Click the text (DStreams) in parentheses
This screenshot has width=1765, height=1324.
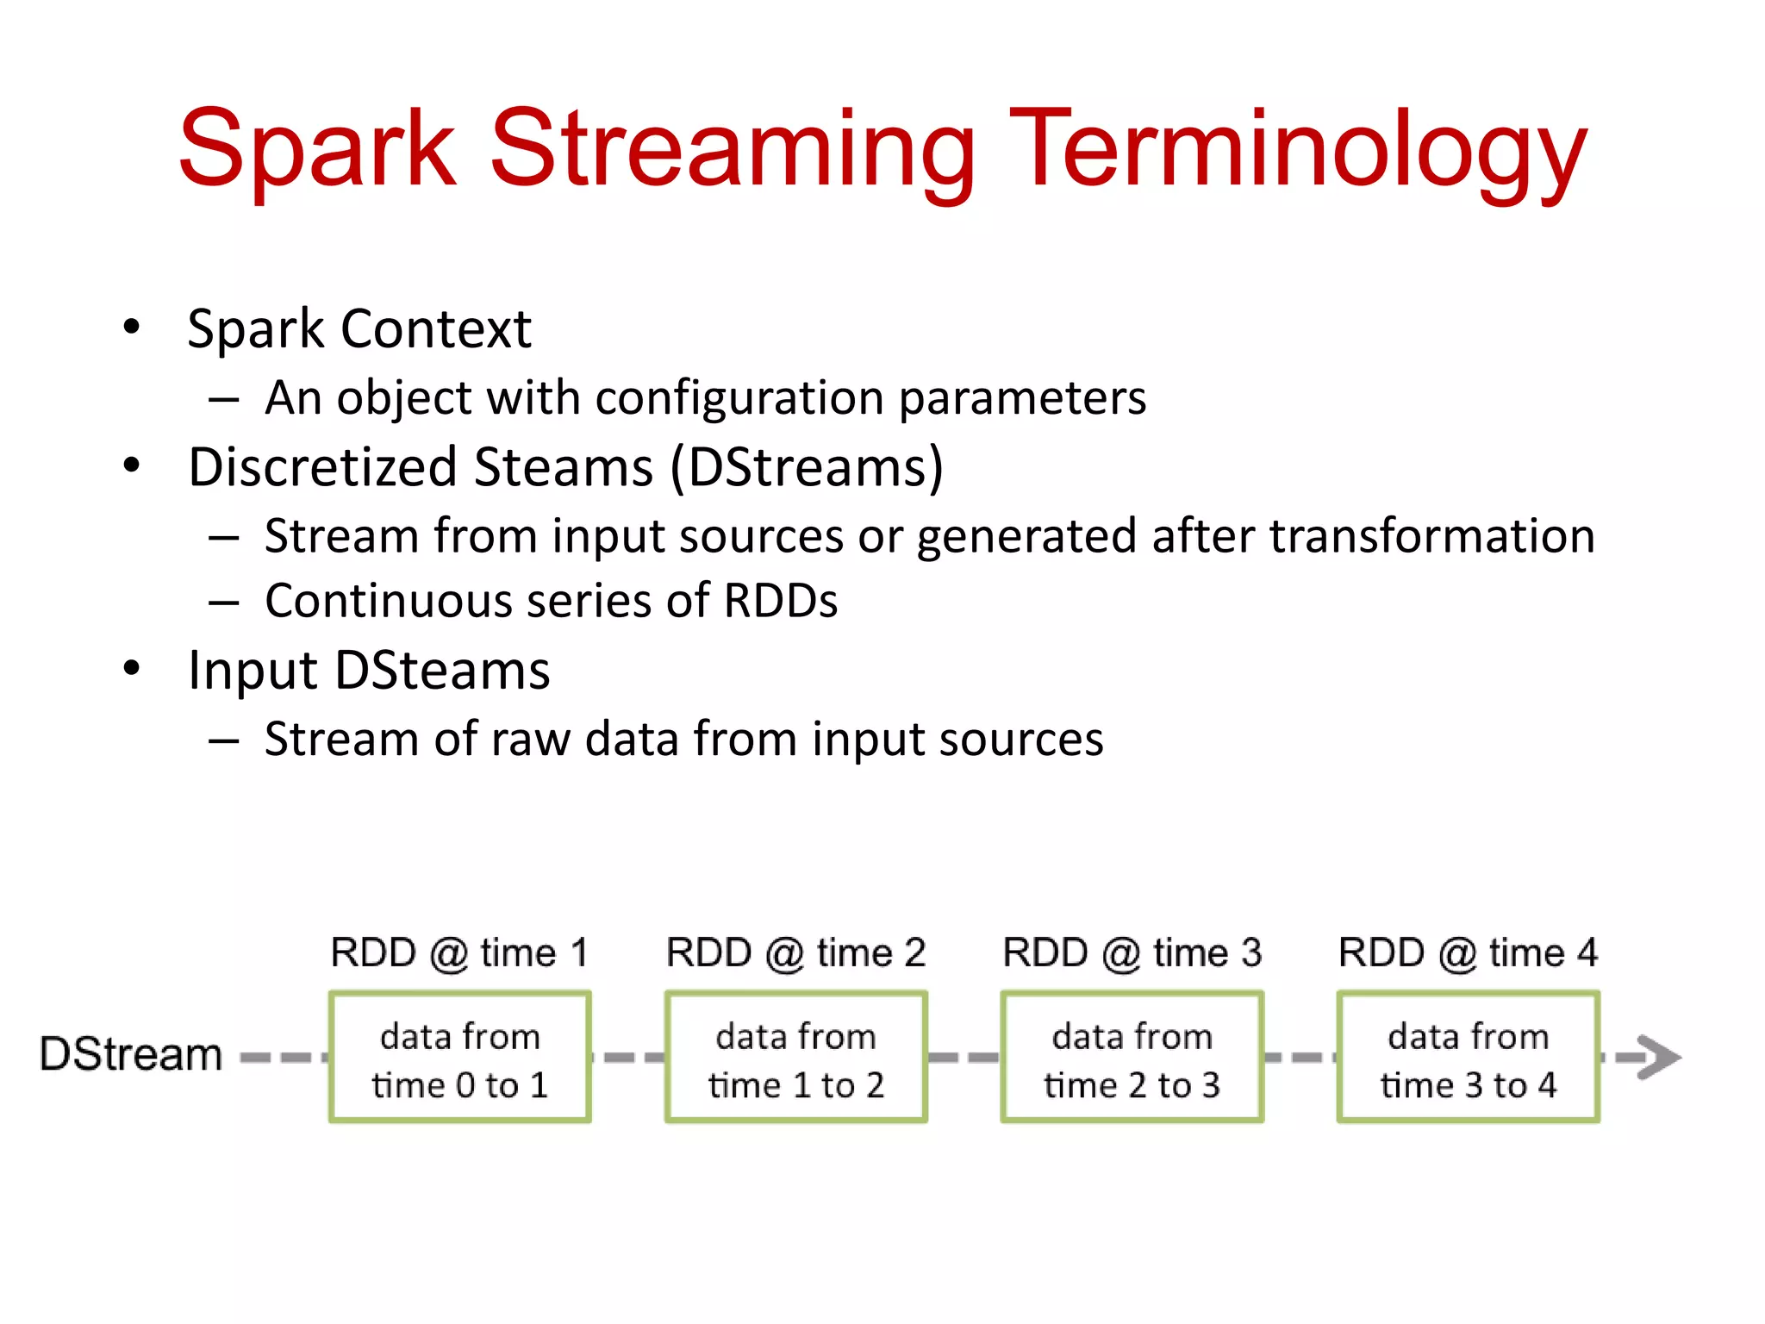807,468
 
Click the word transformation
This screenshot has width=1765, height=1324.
1431,536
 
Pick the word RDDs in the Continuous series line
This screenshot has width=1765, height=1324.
780,601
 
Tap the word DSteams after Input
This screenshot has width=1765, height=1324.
442,671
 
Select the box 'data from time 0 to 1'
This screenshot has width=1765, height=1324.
460,1058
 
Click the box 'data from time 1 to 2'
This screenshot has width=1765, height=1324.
796,1058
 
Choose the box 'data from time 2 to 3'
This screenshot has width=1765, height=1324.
1132,1058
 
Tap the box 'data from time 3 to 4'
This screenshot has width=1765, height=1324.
1469,1058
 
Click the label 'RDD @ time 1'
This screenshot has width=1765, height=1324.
460,953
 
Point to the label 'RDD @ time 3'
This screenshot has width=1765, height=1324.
1132,953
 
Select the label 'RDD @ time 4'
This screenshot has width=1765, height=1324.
1469,953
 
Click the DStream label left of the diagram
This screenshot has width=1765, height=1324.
131,1054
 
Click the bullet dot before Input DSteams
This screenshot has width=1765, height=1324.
131,668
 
